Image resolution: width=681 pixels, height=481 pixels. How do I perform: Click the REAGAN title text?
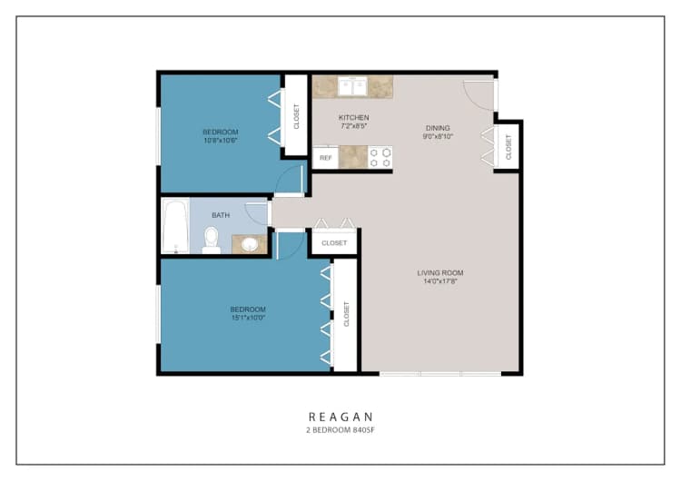tap(340, 417)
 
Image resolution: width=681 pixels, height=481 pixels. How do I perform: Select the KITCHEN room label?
tap(353, 118)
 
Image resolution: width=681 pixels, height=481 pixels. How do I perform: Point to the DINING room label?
tap(437, 128)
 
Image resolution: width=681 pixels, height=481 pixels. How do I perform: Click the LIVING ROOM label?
tap(440, 273)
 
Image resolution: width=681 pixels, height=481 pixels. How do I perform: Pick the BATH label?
tap(221, 215)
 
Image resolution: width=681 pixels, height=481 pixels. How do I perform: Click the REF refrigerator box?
tap(325, 157)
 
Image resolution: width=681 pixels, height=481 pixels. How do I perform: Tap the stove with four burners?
tap(380, 157)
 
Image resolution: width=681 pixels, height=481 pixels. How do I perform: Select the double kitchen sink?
tap(352, 87)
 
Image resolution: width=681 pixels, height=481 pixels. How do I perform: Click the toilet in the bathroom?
tap(211, 239)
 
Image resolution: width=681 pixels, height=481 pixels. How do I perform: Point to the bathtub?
tap(174, 227)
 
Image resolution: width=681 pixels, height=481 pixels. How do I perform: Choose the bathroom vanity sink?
tap(248, 243)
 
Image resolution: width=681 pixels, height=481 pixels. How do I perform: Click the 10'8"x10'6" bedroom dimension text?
tap(221, 141)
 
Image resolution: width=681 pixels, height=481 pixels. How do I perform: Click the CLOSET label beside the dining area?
tap(508, 146)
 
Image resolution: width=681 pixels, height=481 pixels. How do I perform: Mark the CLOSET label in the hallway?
tap(334, 243)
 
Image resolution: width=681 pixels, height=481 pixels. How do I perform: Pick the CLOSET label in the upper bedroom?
tap(296, 114)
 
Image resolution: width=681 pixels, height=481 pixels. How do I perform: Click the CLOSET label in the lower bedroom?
tap(346, 314)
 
